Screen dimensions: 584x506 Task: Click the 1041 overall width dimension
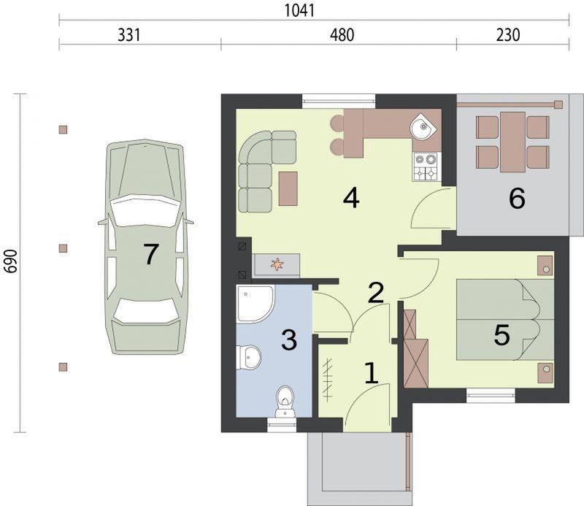pos(300,10)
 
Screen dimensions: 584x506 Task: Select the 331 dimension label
pos(129,35)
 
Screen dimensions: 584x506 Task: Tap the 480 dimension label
pos(342,35)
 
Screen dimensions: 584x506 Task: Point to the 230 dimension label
pos(508,35)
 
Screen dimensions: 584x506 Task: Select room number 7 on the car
pos(151,254)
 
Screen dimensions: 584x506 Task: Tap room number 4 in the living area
pos(351,198)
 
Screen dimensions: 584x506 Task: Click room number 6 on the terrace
pos(517,198)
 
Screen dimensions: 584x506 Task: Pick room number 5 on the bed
pos(502,334)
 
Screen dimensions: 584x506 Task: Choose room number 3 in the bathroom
pos(289,340)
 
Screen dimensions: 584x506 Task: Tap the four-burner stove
pos(426,166)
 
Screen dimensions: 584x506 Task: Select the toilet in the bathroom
pos(285,402)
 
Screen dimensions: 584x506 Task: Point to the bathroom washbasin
pos(249,357)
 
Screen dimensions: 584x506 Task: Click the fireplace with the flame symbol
pos(276,265)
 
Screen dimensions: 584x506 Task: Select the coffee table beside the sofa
pos(288,188)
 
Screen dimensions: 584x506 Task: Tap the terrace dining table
pos(513,142)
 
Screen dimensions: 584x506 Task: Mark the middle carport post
pos(64,248)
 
